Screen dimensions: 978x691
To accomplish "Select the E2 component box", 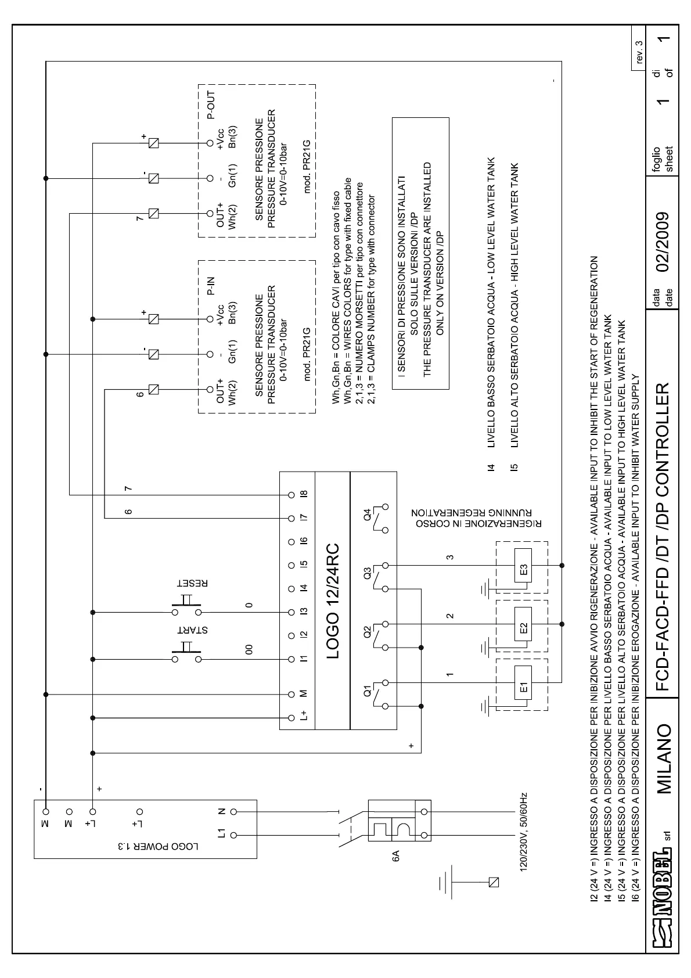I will tap(523, 628).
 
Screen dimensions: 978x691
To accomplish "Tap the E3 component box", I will tap(523, 571).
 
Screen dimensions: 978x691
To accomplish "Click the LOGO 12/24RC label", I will tap(333, 601).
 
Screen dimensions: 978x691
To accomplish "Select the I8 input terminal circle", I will tap(291, 495).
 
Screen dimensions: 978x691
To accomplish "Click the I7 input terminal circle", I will tap(291, 517).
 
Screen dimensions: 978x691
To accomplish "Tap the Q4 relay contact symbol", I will tap(382, 519).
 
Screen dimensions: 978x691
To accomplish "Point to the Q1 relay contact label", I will tap(367, 691).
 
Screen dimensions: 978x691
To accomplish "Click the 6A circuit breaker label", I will tap(395, 855).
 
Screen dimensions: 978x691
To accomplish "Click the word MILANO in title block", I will tap(664, 758).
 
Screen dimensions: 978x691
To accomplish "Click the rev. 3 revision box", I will tap(639, 52).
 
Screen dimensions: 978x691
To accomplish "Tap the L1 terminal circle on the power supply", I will tap(233, 836).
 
